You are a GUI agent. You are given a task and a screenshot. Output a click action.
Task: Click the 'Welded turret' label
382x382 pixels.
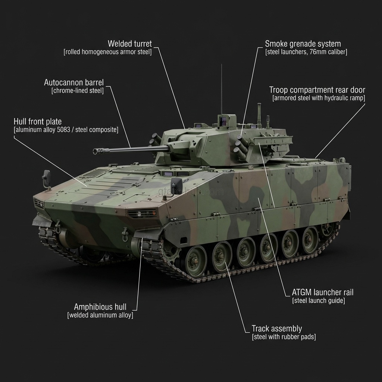coord(129,44)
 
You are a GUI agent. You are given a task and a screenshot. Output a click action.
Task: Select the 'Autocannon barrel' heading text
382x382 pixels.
coord(74,82)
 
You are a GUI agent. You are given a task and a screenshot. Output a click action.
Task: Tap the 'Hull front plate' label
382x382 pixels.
coord(38,122)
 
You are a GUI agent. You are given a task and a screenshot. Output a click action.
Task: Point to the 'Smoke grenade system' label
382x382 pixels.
coord(303,44)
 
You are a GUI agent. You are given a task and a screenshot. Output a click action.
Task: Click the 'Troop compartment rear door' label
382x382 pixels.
coord(317,90)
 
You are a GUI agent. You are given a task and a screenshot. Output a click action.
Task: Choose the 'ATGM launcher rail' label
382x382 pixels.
coord(322,292)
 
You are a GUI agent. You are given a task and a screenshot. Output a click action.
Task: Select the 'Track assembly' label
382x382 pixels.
coord(277,329)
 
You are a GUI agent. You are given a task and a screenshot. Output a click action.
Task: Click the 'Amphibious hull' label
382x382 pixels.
coord(100,307)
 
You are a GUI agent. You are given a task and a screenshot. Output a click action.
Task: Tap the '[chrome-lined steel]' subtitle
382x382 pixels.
coord(78,91)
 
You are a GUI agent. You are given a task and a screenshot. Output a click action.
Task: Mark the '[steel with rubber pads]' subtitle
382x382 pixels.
coord(284,337)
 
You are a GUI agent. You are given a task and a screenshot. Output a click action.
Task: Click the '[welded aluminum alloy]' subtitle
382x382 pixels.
coord(100,315)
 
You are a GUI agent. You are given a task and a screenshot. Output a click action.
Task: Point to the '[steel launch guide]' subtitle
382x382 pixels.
coord(319,301)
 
